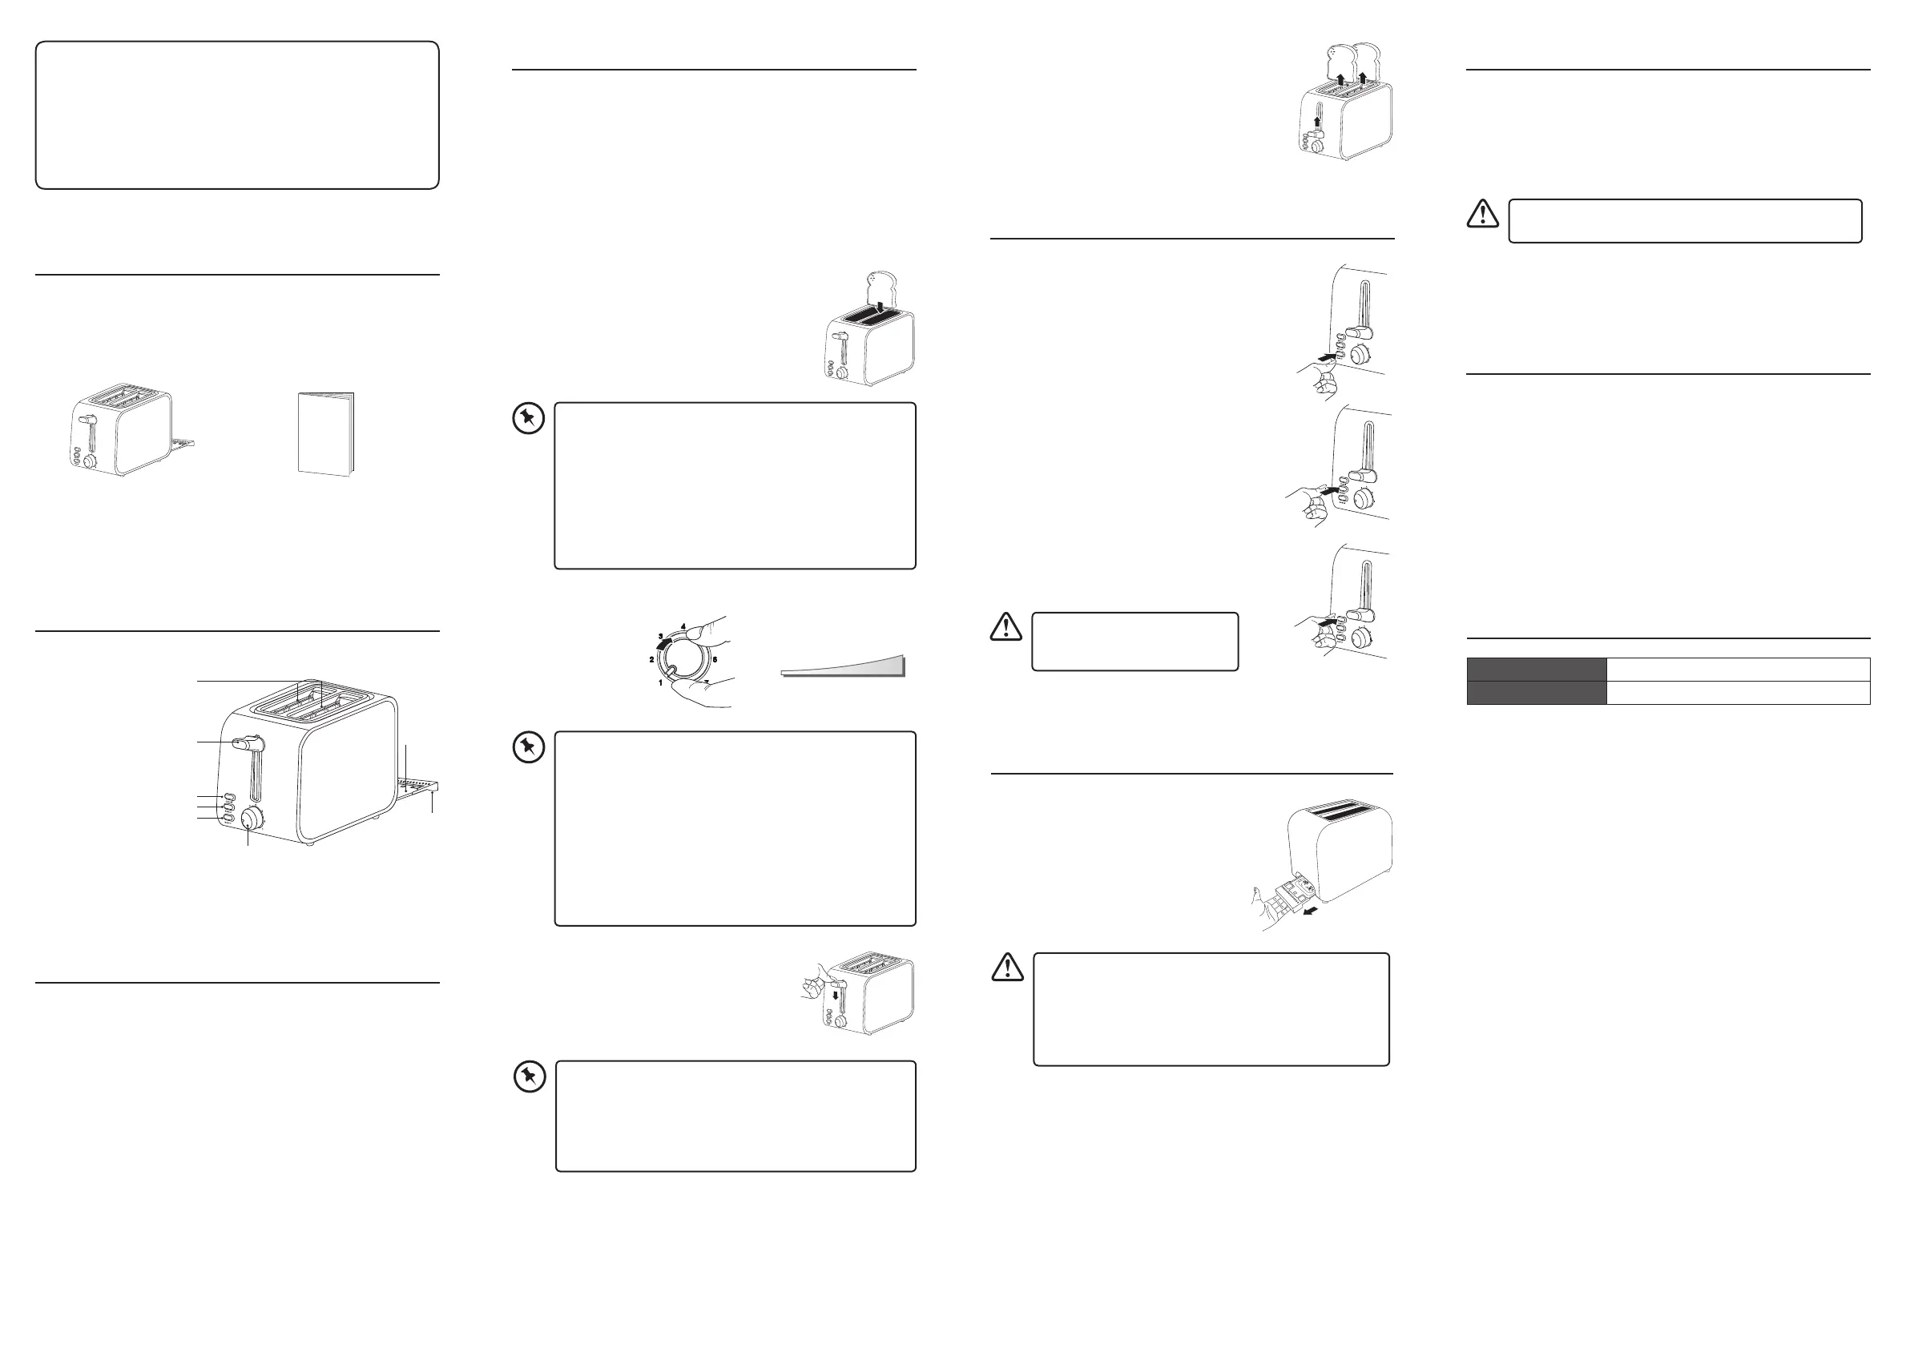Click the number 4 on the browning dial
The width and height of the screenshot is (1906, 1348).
pyautogui.click(x=683, y=626)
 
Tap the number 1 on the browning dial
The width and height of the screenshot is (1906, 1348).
pyautogui.click(x=661, y=682)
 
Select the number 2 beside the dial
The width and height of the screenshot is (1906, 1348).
pyautogui.click(x=651, y=659)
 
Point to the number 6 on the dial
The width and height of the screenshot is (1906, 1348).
pyautogui.click(x=715, y=659)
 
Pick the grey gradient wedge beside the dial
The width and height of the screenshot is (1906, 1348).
pyautogui.click(x=855, y=666)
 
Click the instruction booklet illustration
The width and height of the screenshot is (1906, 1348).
pyautogui.click(x=325, y=434)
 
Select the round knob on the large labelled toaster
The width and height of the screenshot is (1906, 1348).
pyautogui.click(x=250, y=820)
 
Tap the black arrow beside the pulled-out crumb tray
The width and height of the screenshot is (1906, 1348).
pyautogui.click(x=1310, y=911)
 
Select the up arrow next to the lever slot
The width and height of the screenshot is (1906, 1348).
pyautogui.click(x=1316, y=123)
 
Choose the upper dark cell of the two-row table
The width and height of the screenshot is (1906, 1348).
pyautogui.click(x=1536, y=669)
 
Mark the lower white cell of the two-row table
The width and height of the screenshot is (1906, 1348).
pyautogui.click(x=1738, y=693)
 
